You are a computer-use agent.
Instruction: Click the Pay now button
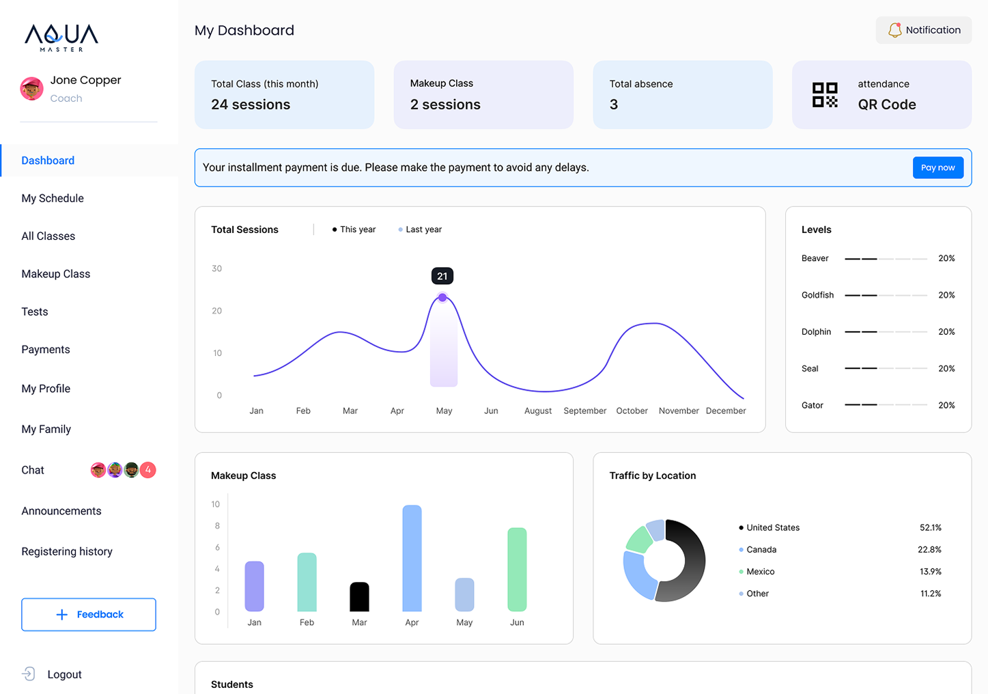[x=937, y=167]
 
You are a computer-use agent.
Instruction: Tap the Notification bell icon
[x=894, y=30]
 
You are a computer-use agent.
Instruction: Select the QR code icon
[x=824, y=95]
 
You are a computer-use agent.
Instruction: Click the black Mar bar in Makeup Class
[x=359, y=597]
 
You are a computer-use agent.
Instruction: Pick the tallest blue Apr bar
[x=412, y=558]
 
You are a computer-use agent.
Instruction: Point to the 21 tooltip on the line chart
[x=442, y=276]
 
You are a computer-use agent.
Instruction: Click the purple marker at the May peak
[x=442, y=297]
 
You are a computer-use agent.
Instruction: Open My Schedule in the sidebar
[x=53, y=198]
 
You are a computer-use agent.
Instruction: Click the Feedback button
[x=89, y=614]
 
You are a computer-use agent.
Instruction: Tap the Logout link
[x=64, y=674]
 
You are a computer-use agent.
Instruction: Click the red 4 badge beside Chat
[x=148, y=470]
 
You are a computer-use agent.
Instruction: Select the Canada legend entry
[x=761, y=549]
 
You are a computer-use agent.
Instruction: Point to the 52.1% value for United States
[x=930, y=527]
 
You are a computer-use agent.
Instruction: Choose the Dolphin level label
[x=816, y=332]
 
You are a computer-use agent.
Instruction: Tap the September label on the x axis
[x=584, y=411]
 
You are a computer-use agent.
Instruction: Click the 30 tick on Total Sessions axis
[x=216, y=268]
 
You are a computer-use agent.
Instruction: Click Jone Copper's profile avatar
[x=32, y=89]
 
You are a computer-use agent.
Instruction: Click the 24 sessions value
[x=251, y=105]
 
